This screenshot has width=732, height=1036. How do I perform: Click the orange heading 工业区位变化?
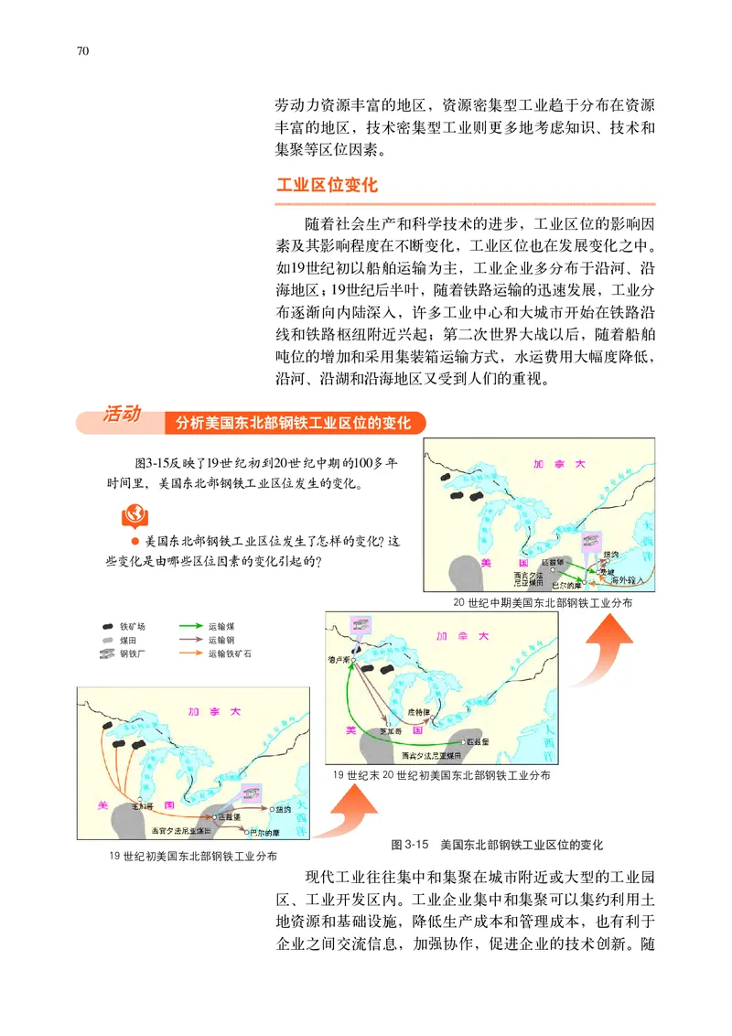[x=327, y=184]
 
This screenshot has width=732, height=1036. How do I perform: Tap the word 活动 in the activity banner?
[x=122, y=415]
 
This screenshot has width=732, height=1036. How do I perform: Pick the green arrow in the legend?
[x=187, y=627]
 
